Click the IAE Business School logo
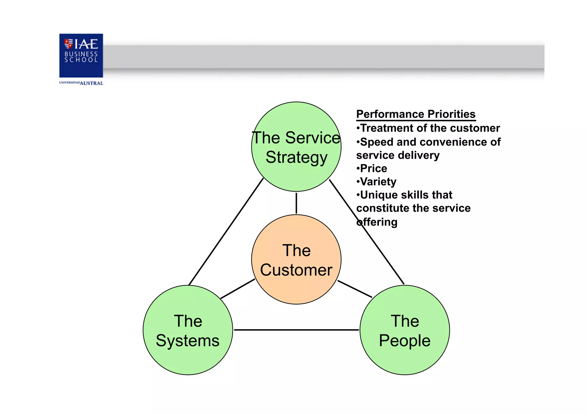pos(81,55)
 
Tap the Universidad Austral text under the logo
pos(81,83)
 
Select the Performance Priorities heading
pos(416,114)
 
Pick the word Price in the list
pos(373,169)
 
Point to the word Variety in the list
pos(378,182)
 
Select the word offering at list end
pos(377,222)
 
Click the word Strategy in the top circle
pos(296,157)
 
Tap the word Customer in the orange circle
pos(296,270)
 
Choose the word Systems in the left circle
pos(187,340)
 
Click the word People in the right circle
pos(404,340)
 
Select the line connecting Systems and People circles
pos(296,330)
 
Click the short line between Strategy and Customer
pos(296,203)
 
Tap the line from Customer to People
pos(355,289)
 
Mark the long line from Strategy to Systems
pos(226,232)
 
